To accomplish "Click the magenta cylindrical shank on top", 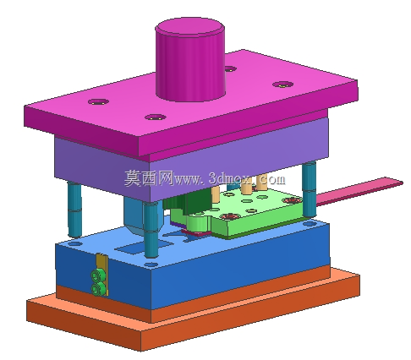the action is (x=190, y=59).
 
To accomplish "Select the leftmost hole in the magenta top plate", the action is (x=98, y=101).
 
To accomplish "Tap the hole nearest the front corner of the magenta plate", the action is (x=155, y=117).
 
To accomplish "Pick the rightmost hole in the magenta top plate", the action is (x=283, y=84).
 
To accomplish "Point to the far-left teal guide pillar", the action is (x=74, y=210).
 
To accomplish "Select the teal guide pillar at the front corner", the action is (x=151, y=230).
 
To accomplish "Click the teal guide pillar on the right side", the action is (x=310, y=189).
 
